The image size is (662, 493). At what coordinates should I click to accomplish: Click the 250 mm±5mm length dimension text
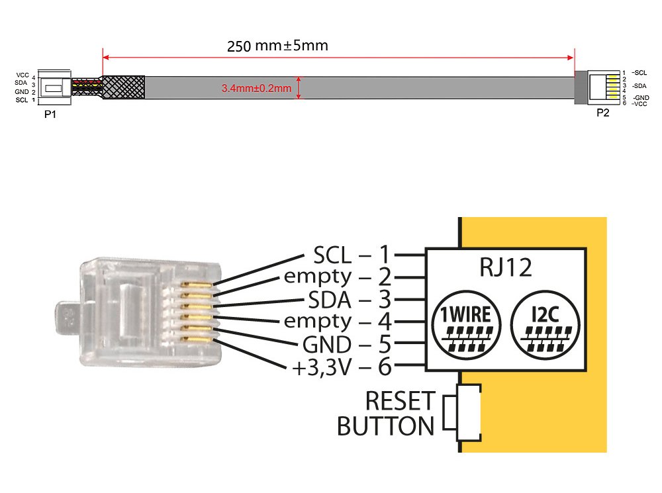[277, 46]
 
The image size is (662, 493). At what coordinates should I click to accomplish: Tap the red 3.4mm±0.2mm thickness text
[256, 87]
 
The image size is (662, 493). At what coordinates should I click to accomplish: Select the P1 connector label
[49, 113]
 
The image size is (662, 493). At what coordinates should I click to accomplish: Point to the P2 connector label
[602, 112]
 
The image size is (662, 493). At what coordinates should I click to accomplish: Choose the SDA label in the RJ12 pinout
[331, 299]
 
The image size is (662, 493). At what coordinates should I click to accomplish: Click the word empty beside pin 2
[318, 277]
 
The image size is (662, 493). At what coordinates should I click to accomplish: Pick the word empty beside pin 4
[318, 322]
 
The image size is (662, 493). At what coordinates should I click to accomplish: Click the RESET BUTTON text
[386, 414]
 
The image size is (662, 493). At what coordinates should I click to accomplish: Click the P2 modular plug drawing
[604, 87]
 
